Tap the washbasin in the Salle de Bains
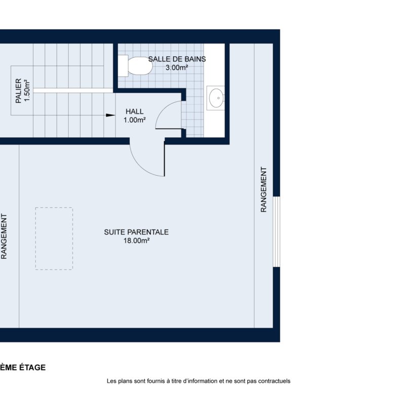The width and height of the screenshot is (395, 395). coord(216,98)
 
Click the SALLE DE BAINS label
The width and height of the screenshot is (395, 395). coord(177,59)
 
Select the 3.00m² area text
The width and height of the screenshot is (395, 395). coord(177,67)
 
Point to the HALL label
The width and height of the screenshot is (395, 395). coord(135,111)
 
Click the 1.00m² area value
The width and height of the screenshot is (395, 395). coord(135,120)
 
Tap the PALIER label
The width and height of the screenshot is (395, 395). coord(18,91)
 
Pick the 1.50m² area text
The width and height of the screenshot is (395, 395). coord(27,91)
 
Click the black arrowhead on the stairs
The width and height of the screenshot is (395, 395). coord(110,115)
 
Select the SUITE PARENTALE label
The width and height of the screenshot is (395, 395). coord(136,232)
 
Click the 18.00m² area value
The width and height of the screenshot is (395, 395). coord(136,241)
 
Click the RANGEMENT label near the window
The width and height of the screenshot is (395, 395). coord(263,189)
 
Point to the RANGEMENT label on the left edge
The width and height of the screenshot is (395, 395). coord(4,236)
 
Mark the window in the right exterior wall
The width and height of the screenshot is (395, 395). coord(276,231)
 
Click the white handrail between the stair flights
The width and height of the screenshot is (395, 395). coord(73,91)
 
